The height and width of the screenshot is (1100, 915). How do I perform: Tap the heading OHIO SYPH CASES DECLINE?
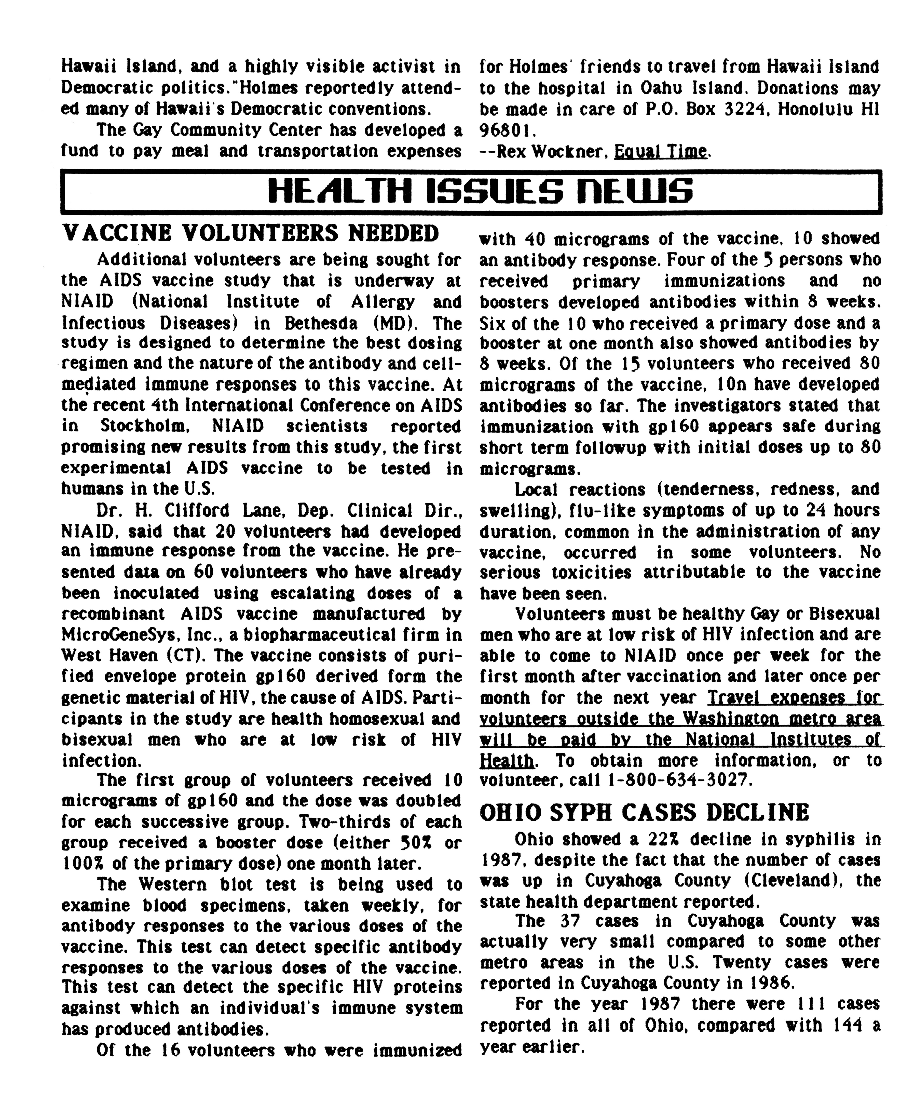644,812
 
